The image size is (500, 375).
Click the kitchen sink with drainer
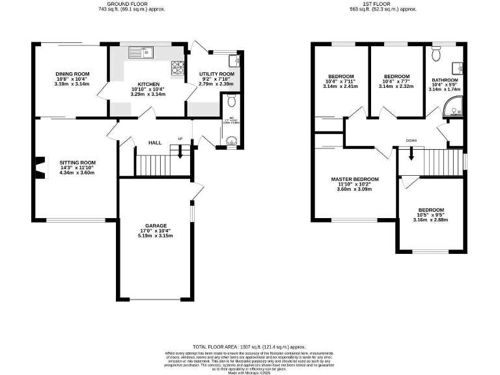(140, 52)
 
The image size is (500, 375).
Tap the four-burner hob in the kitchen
(176, 66)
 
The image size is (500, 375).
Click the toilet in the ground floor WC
(231, 100)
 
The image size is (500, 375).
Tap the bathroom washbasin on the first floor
(458, 67)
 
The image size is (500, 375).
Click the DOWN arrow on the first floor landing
(411, 154)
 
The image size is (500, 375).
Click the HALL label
(154, 142)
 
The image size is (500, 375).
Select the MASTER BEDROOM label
(354, 179)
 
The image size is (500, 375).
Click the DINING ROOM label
(72, 74)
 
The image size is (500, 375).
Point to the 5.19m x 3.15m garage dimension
(154, 235)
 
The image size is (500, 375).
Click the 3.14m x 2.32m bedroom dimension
(396, 86)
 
